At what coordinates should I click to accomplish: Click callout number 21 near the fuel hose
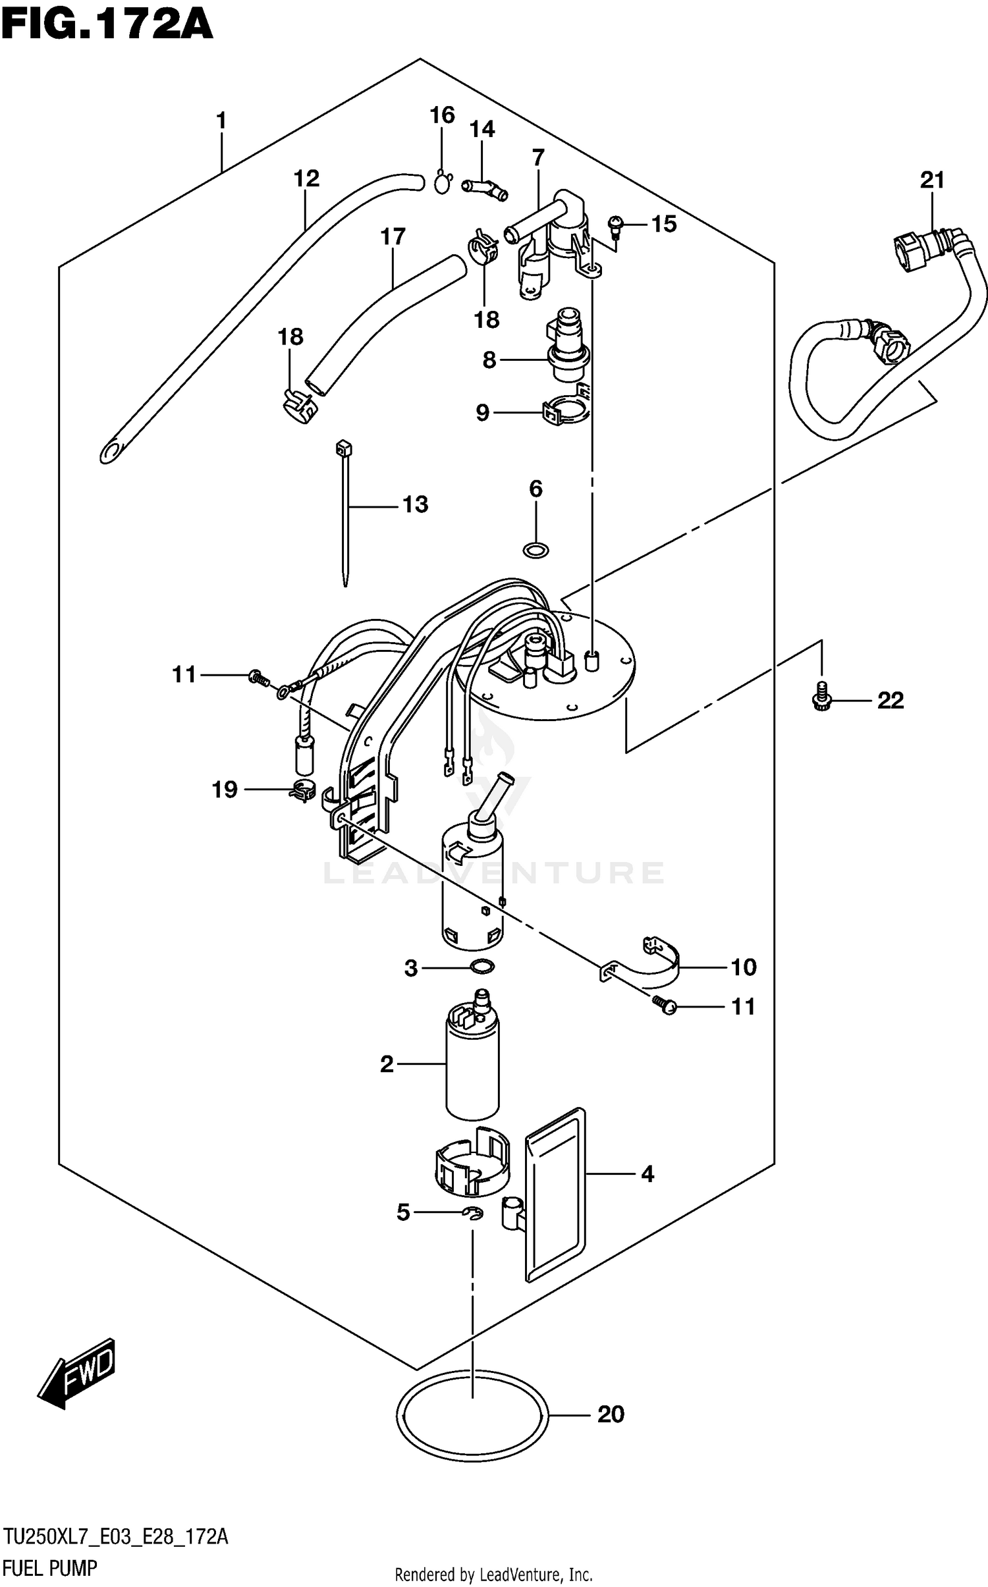pos(932,180)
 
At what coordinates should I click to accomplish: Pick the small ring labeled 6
pos(535,549)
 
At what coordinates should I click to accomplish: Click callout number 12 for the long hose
pos(306,178)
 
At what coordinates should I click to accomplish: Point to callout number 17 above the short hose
pos(393,236)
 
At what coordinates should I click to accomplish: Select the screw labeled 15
pos(617,225)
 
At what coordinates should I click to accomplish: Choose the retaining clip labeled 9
pos(564,412)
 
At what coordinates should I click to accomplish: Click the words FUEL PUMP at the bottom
pos(49,1568)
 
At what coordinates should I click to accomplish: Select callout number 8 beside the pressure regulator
pos(489,360)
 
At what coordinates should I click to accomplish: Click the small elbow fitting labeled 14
pos(484,189)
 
